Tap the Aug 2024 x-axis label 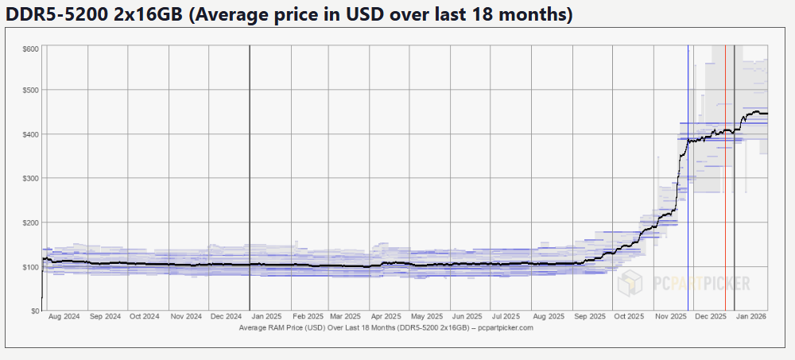coord(64,316)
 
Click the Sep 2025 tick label coord(589,316)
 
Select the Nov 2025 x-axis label coord(671,316)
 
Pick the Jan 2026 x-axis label coord(750,316)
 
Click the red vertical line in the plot coord(725,199)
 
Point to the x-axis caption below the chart coord(385,327)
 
